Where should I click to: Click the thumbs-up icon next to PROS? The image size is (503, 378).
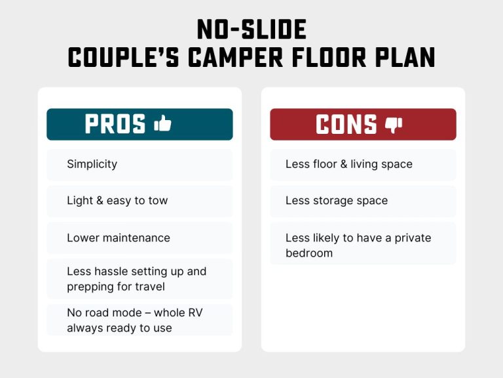[162, 123]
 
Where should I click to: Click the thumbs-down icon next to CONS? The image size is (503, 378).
[394, 124]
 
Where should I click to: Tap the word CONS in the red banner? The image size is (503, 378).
[346, 124]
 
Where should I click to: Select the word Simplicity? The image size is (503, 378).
[92, 164]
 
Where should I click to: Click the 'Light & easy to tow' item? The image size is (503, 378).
[117, 201]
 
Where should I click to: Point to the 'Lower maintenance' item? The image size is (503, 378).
[118, 238]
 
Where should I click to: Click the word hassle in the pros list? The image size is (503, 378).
[114, 271]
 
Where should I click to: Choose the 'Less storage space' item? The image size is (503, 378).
[336, 201]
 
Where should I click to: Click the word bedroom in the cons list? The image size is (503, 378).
[309, 253]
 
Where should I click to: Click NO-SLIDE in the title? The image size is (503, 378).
[251, 30]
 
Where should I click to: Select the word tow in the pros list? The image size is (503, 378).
[158, 201]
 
